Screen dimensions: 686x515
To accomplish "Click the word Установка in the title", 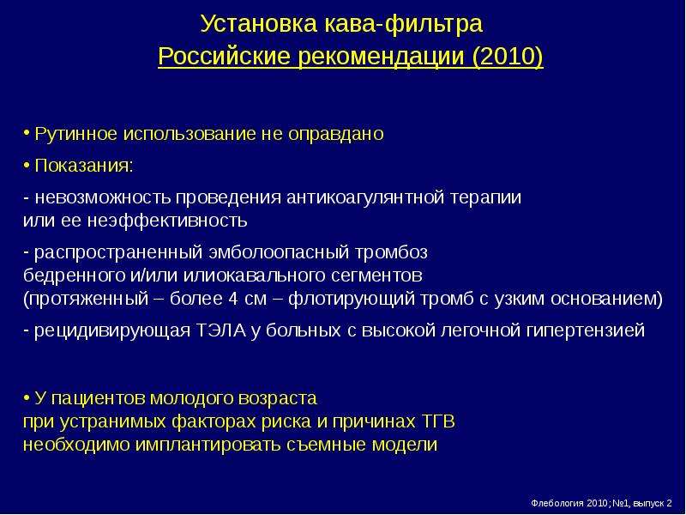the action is point(259,24).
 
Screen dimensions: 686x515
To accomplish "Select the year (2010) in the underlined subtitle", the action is point(508,57).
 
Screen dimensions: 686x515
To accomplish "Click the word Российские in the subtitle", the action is point(224,57).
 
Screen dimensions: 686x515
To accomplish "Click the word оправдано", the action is point(335,134).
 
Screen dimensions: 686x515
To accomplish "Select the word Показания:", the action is point(83,166).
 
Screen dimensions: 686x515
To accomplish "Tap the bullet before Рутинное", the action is point(27,132).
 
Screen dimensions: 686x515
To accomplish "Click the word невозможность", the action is point(102,197).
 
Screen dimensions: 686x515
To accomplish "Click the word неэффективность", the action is point(166,221).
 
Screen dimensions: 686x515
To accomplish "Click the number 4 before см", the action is point(232,299).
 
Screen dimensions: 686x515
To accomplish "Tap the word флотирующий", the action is point(352,299).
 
